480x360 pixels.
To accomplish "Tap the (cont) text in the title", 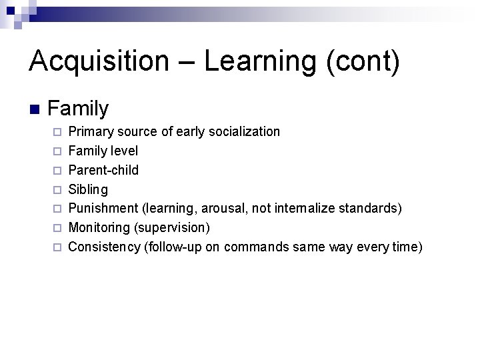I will click(x=363, y=61).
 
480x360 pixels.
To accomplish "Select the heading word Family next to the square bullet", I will click(x=78, y=107).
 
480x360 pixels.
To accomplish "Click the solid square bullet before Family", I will click(x=34, y=109).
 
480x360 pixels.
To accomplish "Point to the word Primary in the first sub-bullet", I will click(x=91, y=131).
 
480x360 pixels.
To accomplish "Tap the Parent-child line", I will click(x=103, y=170).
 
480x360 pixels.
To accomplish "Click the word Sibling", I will click(x=88, y=189).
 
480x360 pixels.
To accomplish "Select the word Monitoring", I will click(x=99, y=228).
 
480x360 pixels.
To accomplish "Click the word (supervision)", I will click(x=172, y=228).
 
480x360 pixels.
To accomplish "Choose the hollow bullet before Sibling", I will click(x=57, y=190).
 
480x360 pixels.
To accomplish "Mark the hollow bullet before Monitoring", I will click(x=57, y=229).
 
